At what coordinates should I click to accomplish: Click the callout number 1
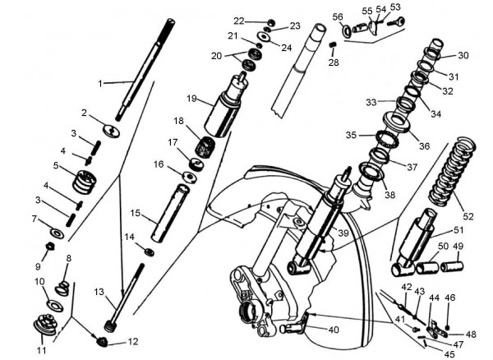[x=101, y=83]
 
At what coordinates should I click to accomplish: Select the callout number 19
[x=191, y=99]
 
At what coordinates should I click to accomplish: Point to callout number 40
[x=333, y=330]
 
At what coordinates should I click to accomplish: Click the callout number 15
[x=136, y=213]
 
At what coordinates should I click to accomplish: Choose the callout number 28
[x=334, y=62]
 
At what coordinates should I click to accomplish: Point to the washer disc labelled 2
[x=112, y=129]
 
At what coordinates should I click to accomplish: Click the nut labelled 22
[x=270, y=21]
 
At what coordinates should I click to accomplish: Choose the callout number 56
[x=337, y=16]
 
